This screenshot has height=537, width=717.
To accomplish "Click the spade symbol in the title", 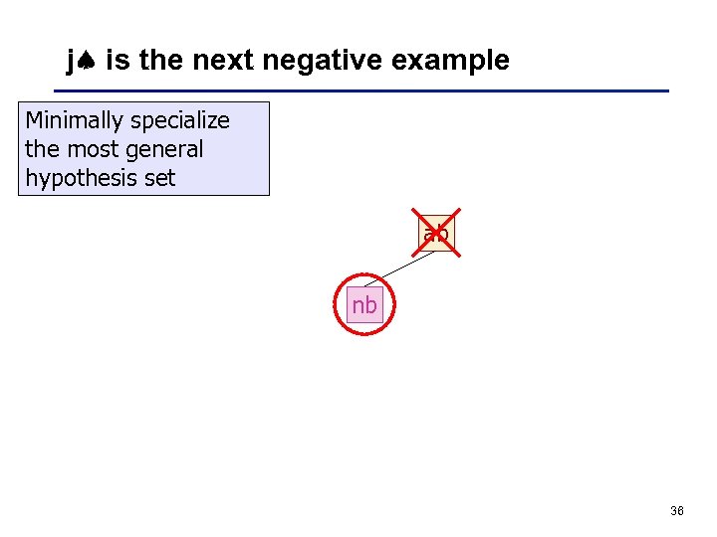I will click(87, 62).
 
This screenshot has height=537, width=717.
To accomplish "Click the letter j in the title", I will click(71, 62).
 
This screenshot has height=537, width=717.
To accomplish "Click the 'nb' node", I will click(364, 305).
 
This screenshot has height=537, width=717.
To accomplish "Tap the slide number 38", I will click(677, 511).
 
